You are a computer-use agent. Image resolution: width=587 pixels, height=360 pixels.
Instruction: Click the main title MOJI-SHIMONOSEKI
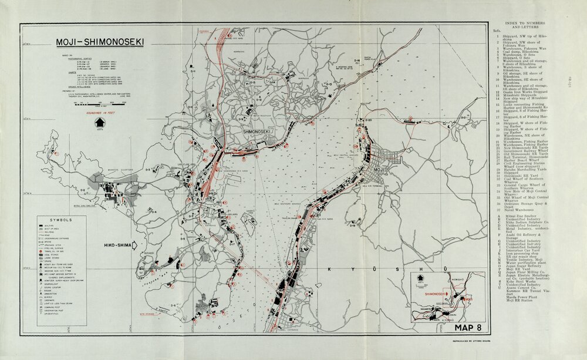tap(100, 42)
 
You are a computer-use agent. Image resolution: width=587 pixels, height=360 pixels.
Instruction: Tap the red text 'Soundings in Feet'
tap(100, 112)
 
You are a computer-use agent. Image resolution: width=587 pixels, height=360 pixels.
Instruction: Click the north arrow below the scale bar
tap(99, 123)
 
